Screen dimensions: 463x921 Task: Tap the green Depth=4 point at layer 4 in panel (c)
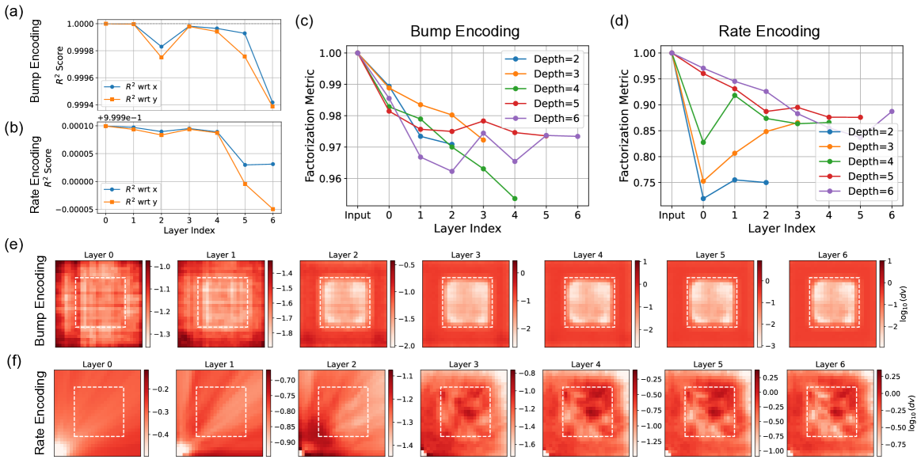coord(515,199)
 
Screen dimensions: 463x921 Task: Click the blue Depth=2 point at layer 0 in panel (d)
coord(702,198)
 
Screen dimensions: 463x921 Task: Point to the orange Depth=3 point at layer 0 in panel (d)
coord(702,181)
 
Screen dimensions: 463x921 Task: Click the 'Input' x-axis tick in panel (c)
coord(358,214)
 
